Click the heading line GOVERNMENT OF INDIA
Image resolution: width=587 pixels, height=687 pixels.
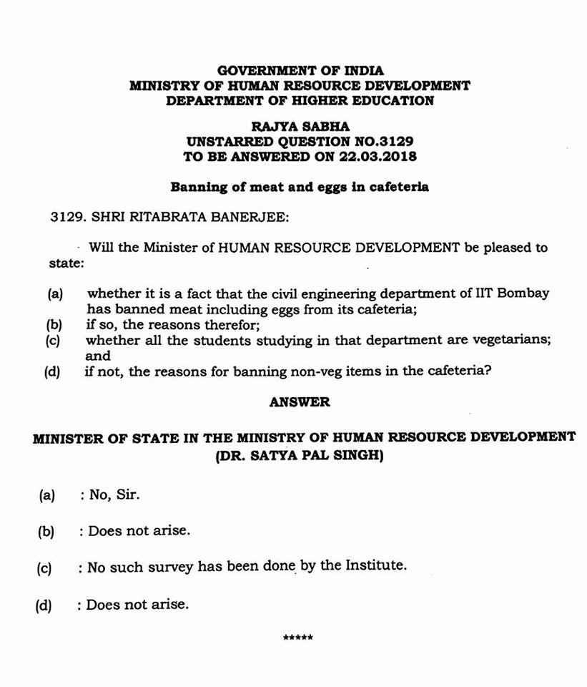click(x=300, y=70)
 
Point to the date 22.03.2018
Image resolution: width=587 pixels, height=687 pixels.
click(x=380, y=155)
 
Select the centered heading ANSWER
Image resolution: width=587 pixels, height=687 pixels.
click(x=300, y=402)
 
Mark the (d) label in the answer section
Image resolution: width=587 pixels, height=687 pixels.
click(x=44, y=605)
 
